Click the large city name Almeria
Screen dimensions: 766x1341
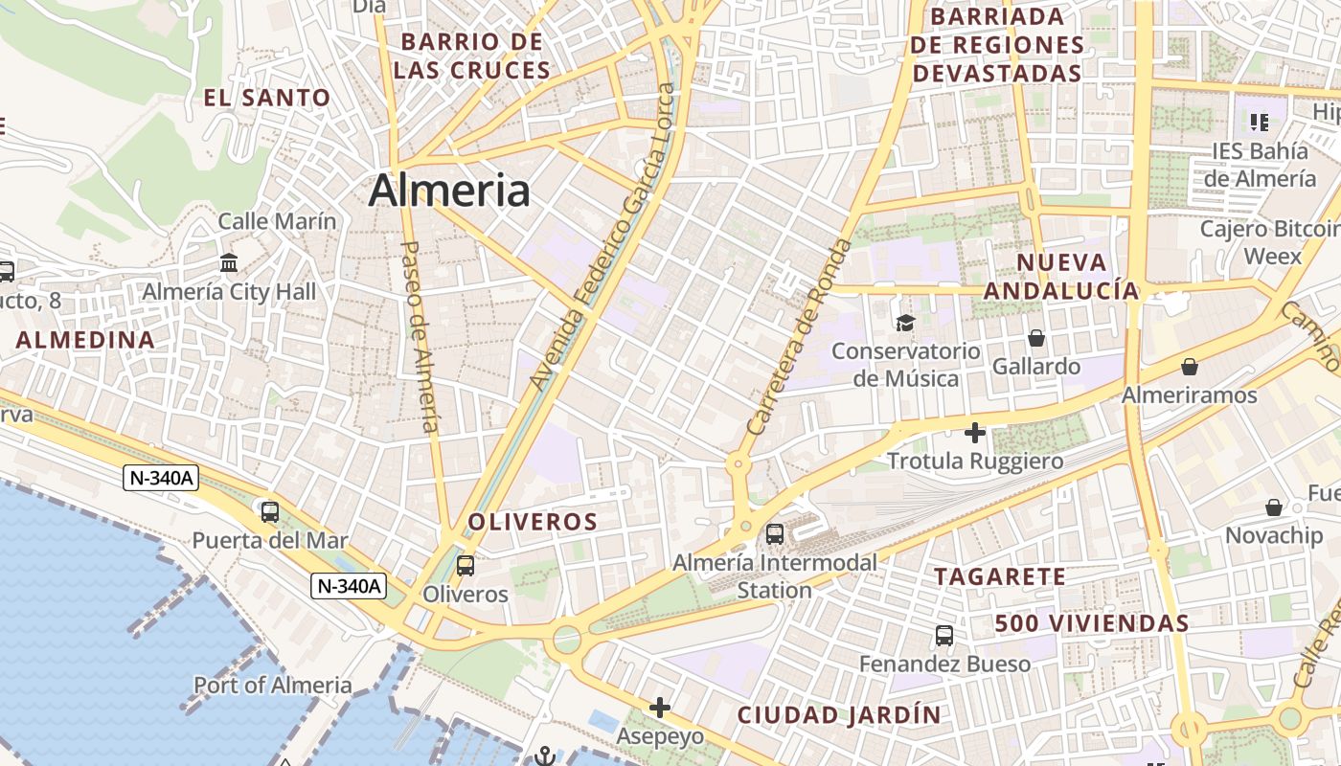point(449,191)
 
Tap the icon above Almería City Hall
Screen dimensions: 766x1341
point(229,262)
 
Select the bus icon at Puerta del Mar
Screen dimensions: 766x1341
point(270,512)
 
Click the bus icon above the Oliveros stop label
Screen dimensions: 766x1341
point(466,566)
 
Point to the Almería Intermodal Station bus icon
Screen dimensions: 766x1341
point(775,534)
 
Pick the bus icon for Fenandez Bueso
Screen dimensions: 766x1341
point(944,635)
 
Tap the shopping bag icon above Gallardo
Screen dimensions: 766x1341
point(1036,338)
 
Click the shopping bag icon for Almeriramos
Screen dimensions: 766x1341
point(1190,367)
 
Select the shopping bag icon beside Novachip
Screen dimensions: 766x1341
point(1274,507)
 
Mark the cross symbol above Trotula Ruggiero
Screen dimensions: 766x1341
point(975,433)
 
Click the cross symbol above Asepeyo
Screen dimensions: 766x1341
point(660,708)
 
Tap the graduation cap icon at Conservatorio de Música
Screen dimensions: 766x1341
point(905,323)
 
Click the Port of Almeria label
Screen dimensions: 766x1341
point(273,686)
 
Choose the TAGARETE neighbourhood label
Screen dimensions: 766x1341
point(1000,576)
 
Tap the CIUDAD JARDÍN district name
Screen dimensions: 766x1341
point(839,715)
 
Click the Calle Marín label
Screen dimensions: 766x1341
point(278,221)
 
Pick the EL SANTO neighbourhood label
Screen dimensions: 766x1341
point(267,98)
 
